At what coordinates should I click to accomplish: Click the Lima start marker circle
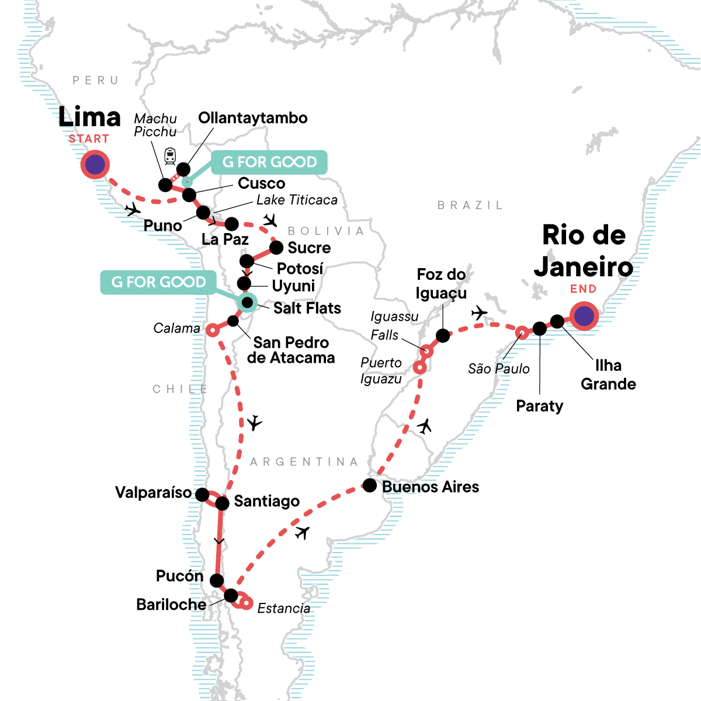(x=95, y=165)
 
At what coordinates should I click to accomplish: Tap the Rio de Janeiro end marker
(x=584, y=316)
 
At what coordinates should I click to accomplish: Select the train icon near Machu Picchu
(x=170, y=155)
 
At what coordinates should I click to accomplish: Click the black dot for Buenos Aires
(x=370, y=485)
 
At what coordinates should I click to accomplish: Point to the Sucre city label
(x=309, y=248)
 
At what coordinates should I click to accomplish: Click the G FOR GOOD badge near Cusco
(x=269, y=162)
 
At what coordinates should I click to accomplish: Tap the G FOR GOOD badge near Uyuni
(x=158, y=282)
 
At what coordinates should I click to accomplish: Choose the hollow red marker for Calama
(x=213, y=331)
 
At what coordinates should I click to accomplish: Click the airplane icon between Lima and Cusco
(x=133, y=209)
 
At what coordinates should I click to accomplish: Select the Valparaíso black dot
(x=202, y=495)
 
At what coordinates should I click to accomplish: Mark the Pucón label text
(x=179, y=576)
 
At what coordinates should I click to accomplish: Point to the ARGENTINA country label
(x=304, y=462)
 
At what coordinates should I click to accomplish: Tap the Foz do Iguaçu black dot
(x=443, y=336)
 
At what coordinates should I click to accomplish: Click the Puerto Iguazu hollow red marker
(x=420, y=368)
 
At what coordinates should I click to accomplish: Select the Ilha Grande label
(x=608, y=374)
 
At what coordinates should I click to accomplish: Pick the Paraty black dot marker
(x=540, y=329)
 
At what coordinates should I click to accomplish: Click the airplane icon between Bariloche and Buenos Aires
(x=302, y=532)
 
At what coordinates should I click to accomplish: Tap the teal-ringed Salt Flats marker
(x=248, y=302)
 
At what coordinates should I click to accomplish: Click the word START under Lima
(x=89, y=139)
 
